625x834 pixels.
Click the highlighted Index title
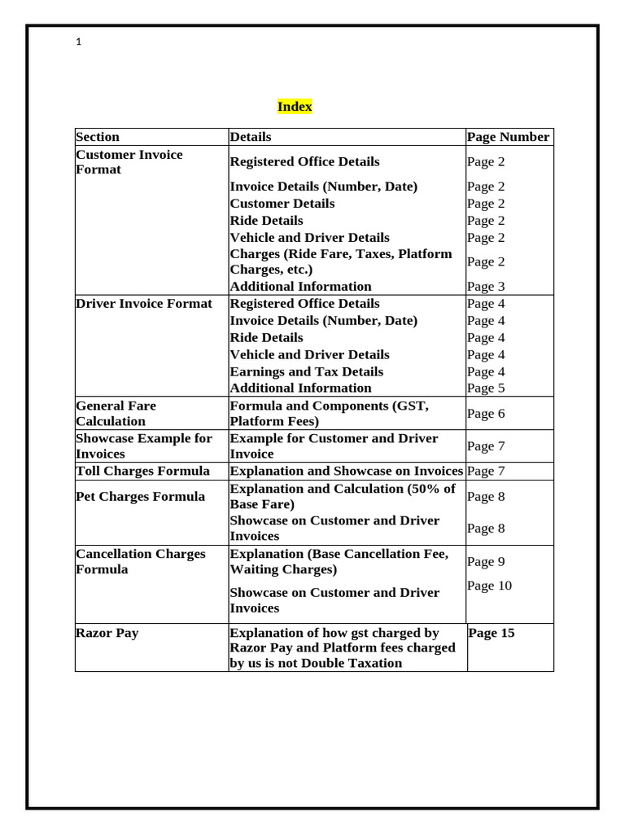click(294, 107)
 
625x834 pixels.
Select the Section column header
click(98, 137)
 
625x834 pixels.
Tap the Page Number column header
click(508, 137)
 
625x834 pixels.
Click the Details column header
click(251, 137)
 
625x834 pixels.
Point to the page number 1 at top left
click(78, 43)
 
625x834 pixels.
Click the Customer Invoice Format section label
click(129, 162)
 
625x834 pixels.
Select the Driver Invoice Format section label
click(143, 304)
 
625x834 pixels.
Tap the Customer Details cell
click(282, 204)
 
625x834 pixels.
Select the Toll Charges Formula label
click(142, 471)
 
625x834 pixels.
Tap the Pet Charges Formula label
click(140, 496)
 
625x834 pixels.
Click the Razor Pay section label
click(107, 633)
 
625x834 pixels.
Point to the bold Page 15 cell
click(492, 633)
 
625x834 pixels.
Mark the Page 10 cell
click(489, 586)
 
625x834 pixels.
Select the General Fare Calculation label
click(116, 413)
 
